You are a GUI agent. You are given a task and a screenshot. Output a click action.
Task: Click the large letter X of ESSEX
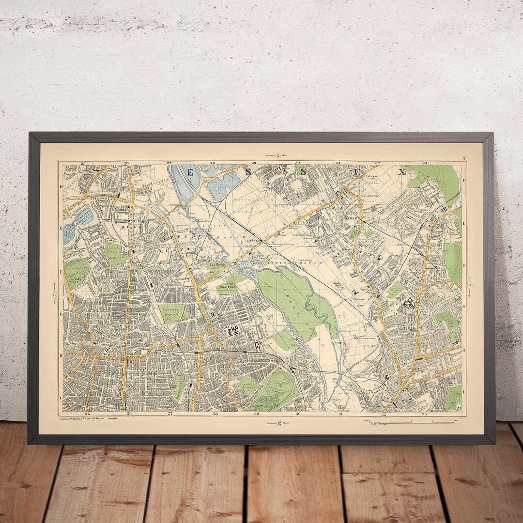pyautogui.click(x=401, y=172)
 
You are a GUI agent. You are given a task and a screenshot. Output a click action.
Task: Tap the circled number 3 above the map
pyautogui.click(x=277, y=155)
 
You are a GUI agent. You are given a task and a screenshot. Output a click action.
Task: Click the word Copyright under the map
pyautogui.click(x=112, y=417)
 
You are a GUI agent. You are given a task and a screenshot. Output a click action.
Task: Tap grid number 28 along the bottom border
pyautogui.click(x=215, y=414)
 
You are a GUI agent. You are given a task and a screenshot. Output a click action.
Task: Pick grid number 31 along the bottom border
pyautogui.click(x=341, y=414)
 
